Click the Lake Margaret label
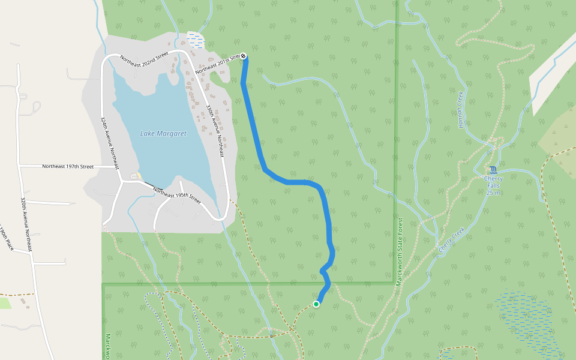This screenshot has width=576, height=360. (163, 133)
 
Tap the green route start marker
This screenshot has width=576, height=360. (316, 304)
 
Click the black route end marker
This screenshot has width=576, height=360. (244, 56)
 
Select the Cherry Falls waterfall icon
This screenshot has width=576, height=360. (493, 169)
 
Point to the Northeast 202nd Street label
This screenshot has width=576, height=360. (144, 59)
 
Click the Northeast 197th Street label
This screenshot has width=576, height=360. (68, 166)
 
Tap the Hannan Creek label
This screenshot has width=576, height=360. (461, 109)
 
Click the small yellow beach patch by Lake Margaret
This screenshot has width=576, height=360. (139, 176)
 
